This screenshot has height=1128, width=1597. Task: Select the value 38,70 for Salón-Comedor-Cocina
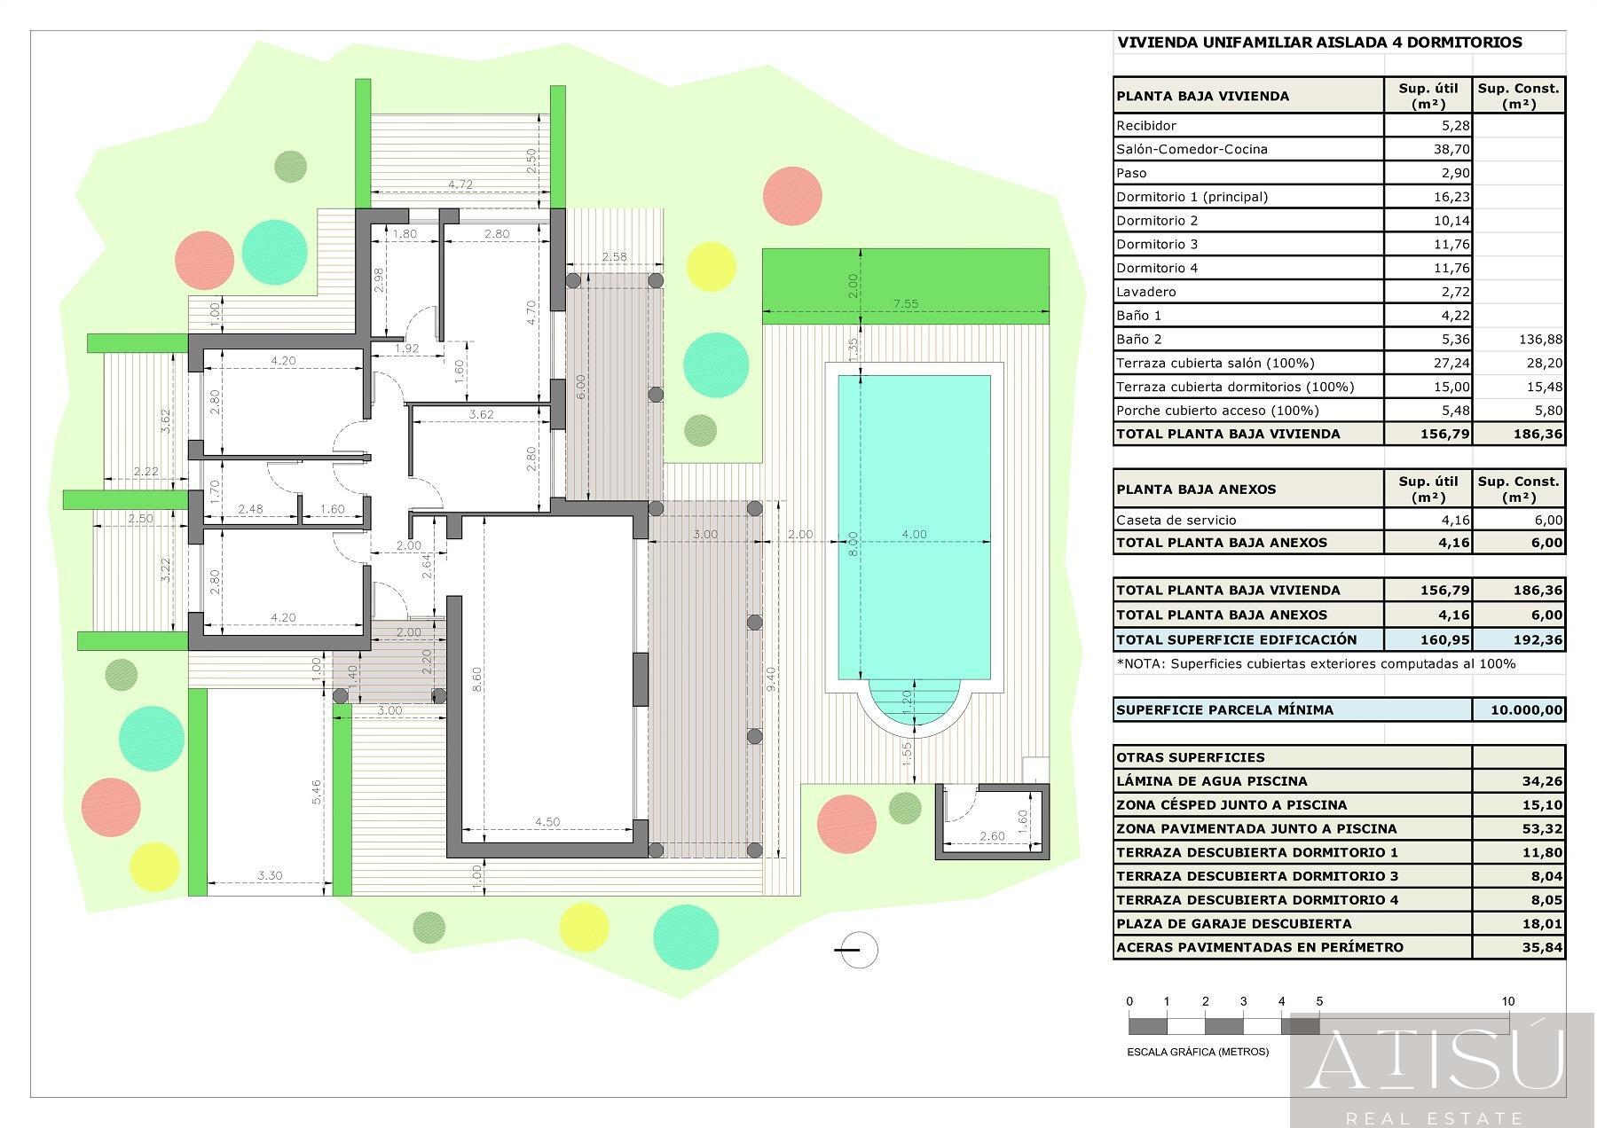[1451, 149]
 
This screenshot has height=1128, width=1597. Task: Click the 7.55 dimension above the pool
[905, 303]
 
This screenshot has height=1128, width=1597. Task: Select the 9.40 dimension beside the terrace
[771, 679]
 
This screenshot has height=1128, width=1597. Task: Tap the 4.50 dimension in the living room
[547, 822]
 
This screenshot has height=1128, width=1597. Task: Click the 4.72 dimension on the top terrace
[460, 184]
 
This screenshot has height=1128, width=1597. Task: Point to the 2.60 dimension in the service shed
[992, 835]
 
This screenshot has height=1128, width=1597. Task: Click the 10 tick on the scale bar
[1508, 1001]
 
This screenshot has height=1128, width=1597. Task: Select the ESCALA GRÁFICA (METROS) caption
[1198, 1052]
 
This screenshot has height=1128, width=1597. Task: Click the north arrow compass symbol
[857, 950]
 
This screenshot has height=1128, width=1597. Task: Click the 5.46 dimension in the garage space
[317, 792]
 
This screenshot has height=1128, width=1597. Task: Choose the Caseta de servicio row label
[1176, 521]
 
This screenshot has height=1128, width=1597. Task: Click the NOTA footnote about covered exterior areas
[1316, 663]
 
